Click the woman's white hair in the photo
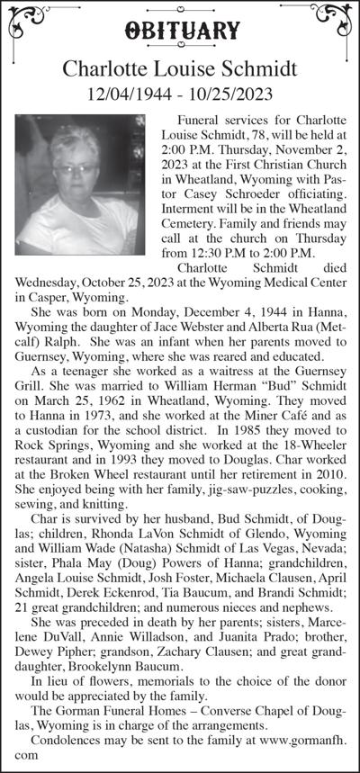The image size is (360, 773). pos(74,144)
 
